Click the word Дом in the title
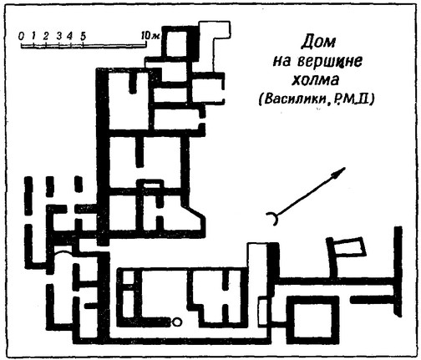(318, 42)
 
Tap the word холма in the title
(315, 80)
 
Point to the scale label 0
(21, 36)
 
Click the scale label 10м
(150, 36)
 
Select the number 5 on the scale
(83, 36)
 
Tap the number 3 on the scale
(59, 36)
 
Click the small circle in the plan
(176, 322)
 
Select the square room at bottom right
(312, 320)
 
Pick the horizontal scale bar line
(84, 46)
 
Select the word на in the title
(282, 62)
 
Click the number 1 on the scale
(33, 36)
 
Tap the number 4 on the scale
(70, 36)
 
